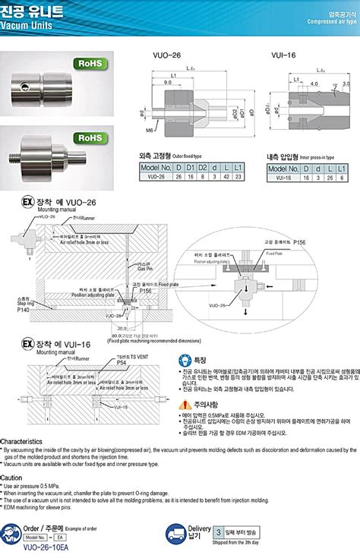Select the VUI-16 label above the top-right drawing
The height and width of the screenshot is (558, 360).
point(283,56)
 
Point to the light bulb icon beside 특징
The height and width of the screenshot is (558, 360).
point(187,360)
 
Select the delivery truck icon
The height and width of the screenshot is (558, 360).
point(176,531)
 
